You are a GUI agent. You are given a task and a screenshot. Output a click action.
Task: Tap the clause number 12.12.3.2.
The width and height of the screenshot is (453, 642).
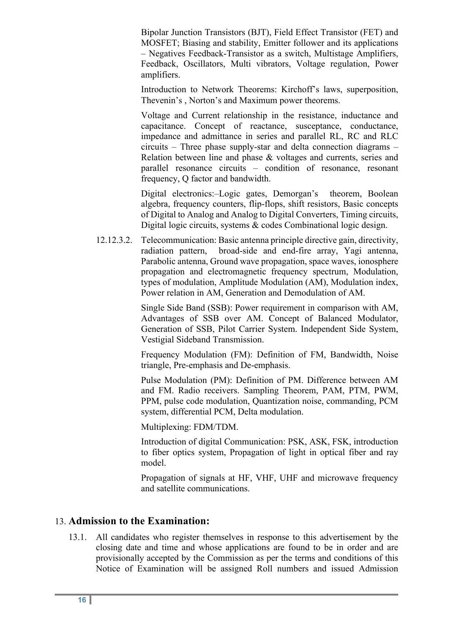[114, 240]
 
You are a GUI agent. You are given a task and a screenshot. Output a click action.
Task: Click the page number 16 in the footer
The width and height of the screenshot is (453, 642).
[82, 600]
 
